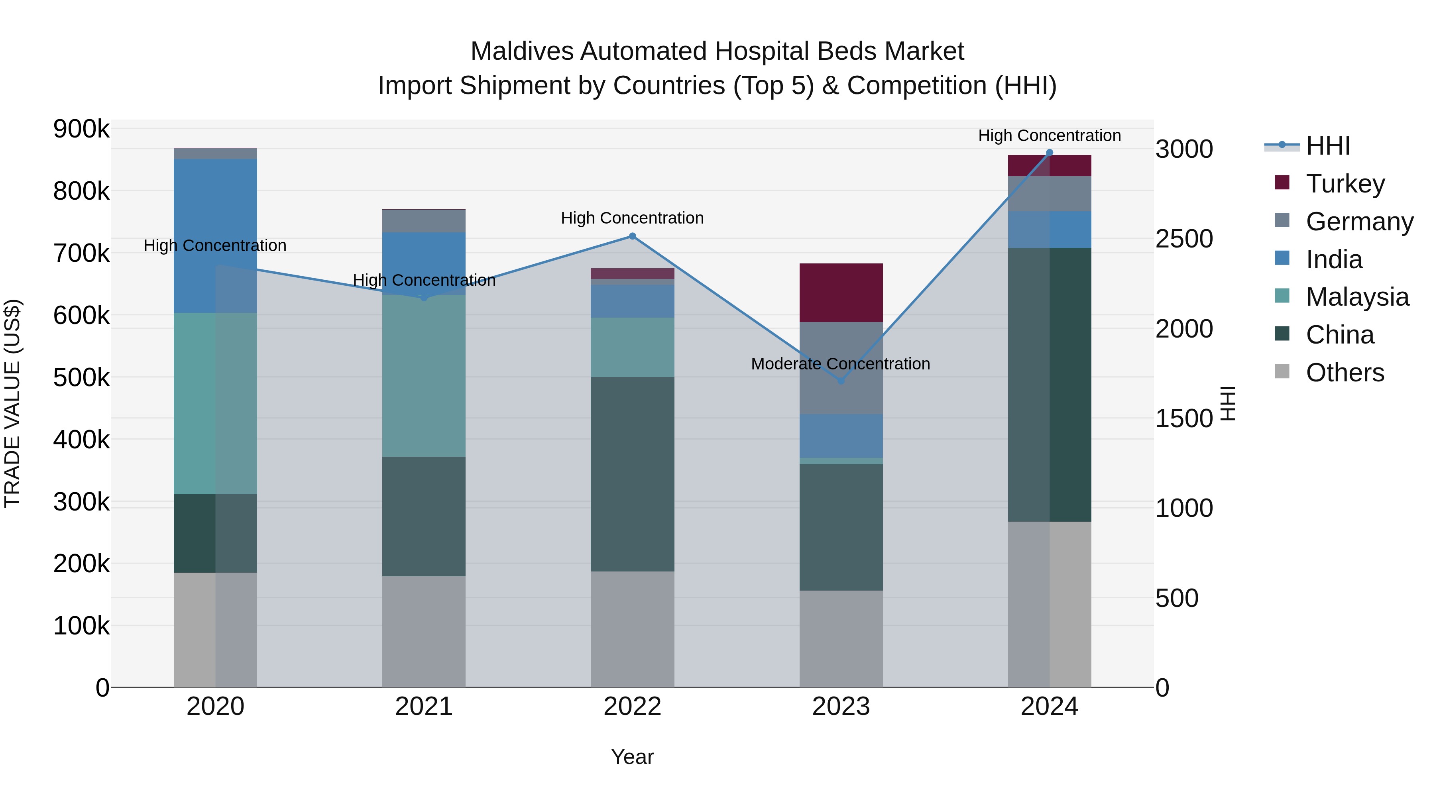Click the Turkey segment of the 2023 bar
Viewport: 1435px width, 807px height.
pos(841,293)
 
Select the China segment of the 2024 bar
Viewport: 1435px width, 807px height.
pos(1050,384)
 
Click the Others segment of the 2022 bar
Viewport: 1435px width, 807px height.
pos(632,629)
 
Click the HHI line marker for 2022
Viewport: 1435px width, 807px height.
pos(632,236)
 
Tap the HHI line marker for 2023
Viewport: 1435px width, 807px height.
pos(841,381)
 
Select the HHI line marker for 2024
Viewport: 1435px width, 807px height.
pos(1050,153)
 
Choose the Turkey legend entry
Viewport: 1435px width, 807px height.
pos(1345,184)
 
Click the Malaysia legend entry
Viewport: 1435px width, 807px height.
pos(1357,297)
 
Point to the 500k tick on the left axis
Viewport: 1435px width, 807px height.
pos(81,378)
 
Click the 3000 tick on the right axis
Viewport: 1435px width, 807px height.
pos(1184,149)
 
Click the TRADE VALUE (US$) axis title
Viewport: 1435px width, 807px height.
pos(12,403)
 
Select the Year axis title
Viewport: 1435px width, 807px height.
pos(632,757)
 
